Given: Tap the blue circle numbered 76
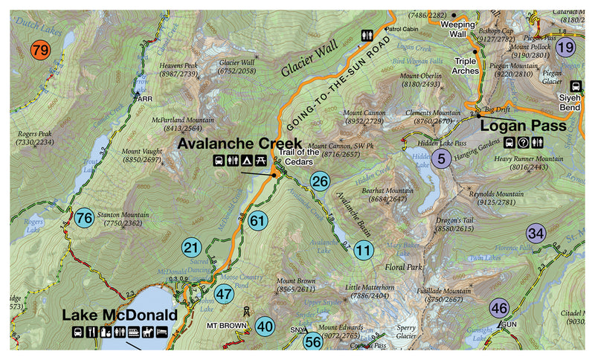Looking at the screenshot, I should coord(84,218).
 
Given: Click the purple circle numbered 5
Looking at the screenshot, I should coord(442,158).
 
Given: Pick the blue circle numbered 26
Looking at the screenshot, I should coord(320,181).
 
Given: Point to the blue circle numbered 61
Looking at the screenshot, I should coord(258,220).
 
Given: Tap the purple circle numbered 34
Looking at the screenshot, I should coord(535,233).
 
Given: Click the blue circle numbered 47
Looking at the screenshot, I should coord(224,293).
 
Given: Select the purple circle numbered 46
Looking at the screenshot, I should coord(500,308).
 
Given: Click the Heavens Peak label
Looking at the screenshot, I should coord(180,69).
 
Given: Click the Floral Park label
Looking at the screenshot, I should coord(403,266).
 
